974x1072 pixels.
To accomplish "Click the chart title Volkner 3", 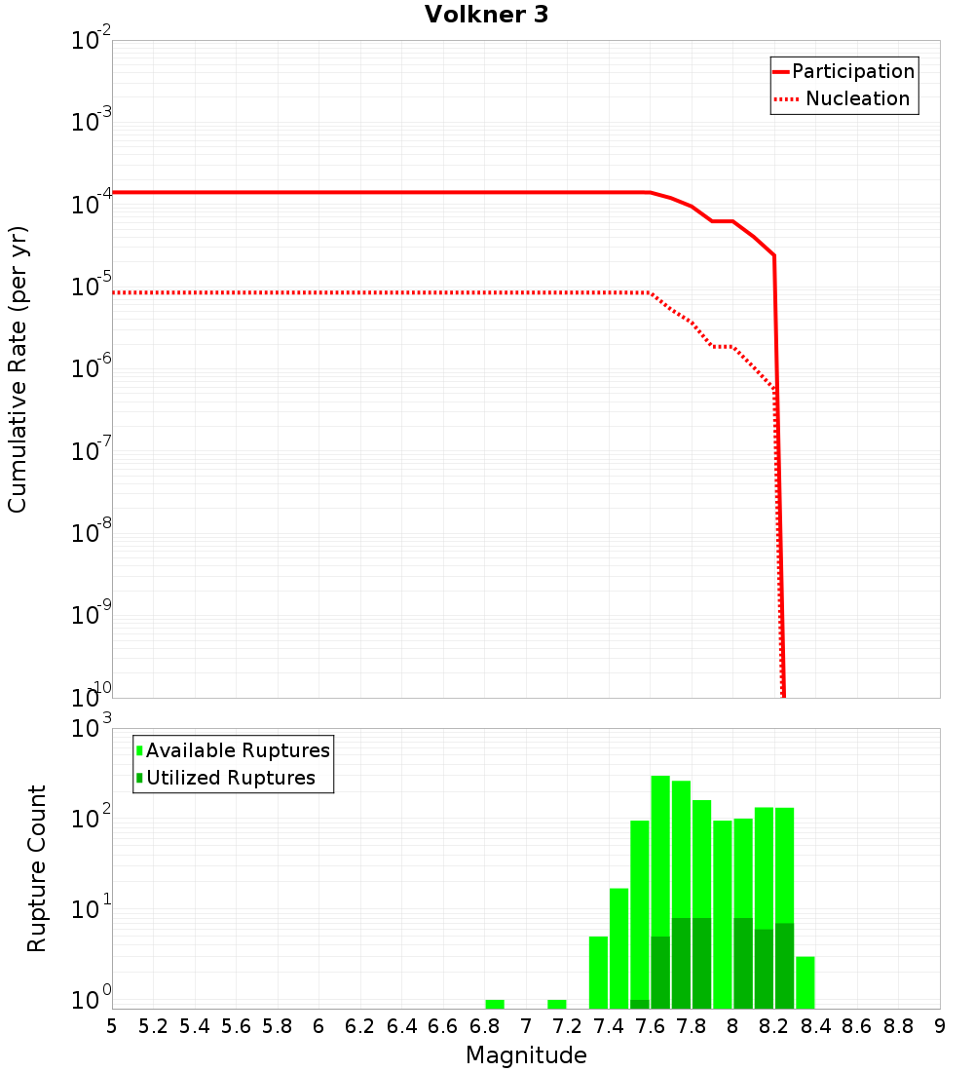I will tap(486, 16).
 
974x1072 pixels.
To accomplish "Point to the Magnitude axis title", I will tap(526, 1054).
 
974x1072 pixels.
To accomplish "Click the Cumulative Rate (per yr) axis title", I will tap(18, 368).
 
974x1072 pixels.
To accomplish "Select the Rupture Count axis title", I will tap(37, 867).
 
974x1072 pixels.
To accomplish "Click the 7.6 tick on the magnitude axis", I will tap(650, 1025).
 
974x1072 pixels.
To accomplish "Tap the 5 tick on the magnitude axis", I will tap(112, 1025).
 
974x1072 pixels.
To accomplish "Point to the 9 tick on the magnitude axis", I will tap(940, 1025).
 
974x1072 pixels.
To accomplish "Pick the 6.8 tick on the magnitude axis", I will tap(484, 1025).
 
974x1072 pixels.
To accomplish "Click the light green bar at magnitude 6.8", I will tap(495, 1004).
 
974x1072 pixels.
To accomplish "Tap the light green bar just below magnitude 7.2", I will tap(557, 1004).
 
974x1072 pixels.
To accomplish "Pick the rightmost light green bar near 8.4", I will tap(805, 982).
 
